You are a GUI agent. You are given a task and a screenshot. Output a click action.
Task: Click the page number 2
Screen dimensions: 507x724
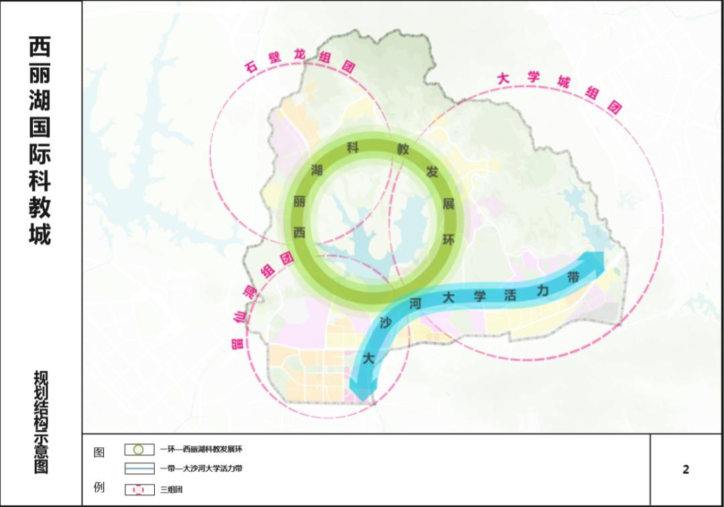[686, 469]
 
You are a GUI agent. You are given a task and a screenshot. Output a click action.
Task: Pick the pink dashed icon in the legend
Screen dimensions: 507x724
[139, 490]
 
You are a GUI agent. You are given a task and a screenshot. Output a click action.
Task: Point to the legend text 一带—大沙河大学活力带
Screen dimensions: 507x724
[201, 469]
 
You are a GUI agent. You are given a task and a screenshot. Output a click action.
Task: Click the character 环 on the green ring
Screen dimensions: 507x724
[448, 239]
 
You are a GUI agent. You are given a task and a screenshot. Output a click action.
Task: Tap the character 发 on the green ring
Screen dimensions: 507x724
[432, 172]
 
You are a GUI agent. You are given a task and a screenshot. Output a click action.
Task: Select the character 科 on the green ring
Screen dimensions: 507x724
[353, 147]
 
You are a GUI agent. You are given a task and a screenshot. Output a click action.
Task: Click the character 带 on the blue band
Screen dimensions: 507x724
[573, 277]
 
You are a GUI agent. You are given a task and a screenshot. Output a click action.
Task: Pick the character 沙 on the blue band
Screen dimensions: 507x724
[385, 323]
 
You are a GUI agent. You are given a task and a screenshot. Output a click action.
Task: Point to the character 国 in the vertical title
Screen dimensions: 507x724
[40, 126]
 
